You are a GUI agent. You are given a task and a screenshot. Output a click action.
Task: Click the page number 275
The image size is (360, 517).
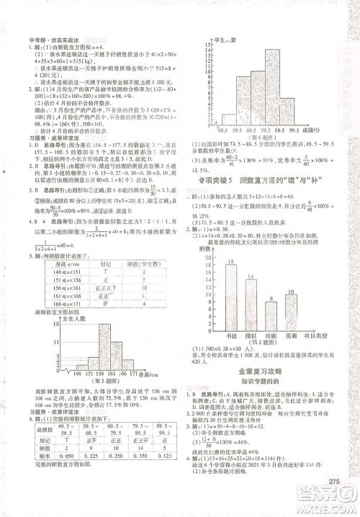(x=333, y=482)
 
